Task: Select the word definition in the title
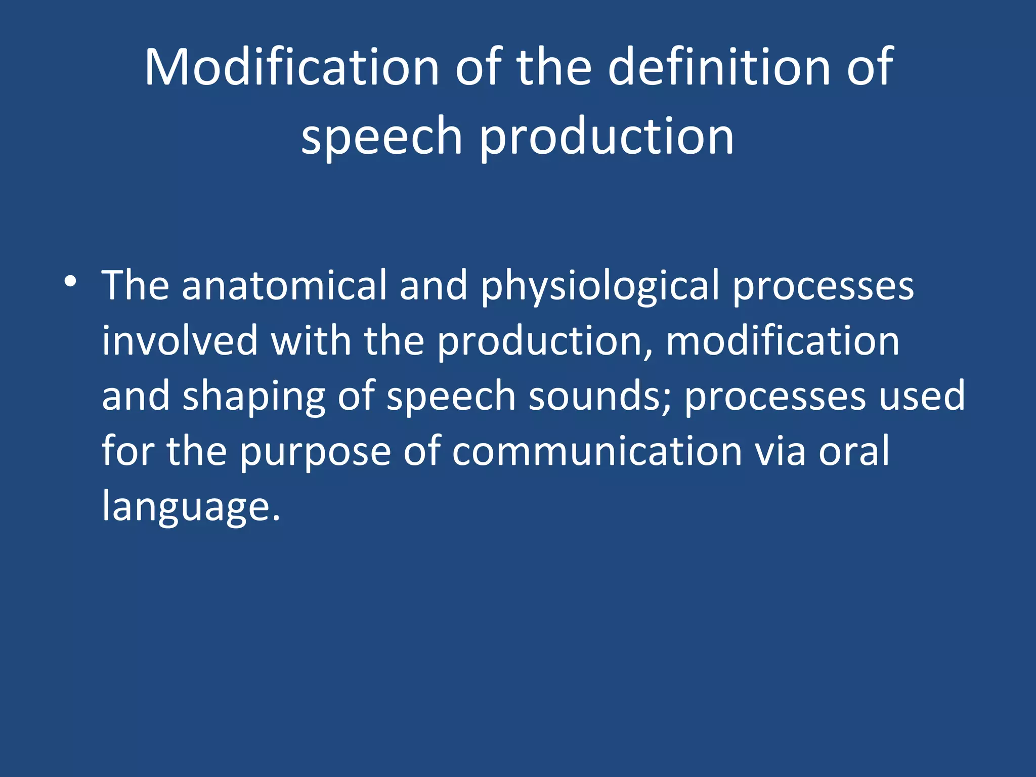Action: point(719,67)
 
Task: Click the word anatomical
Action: point(284,286)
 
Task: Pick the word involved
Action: point(180,341)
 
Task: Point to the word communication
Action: point(597,451)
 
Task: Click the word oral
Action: point(854,451)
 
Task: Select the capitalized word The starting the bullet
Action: point(135,286)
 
